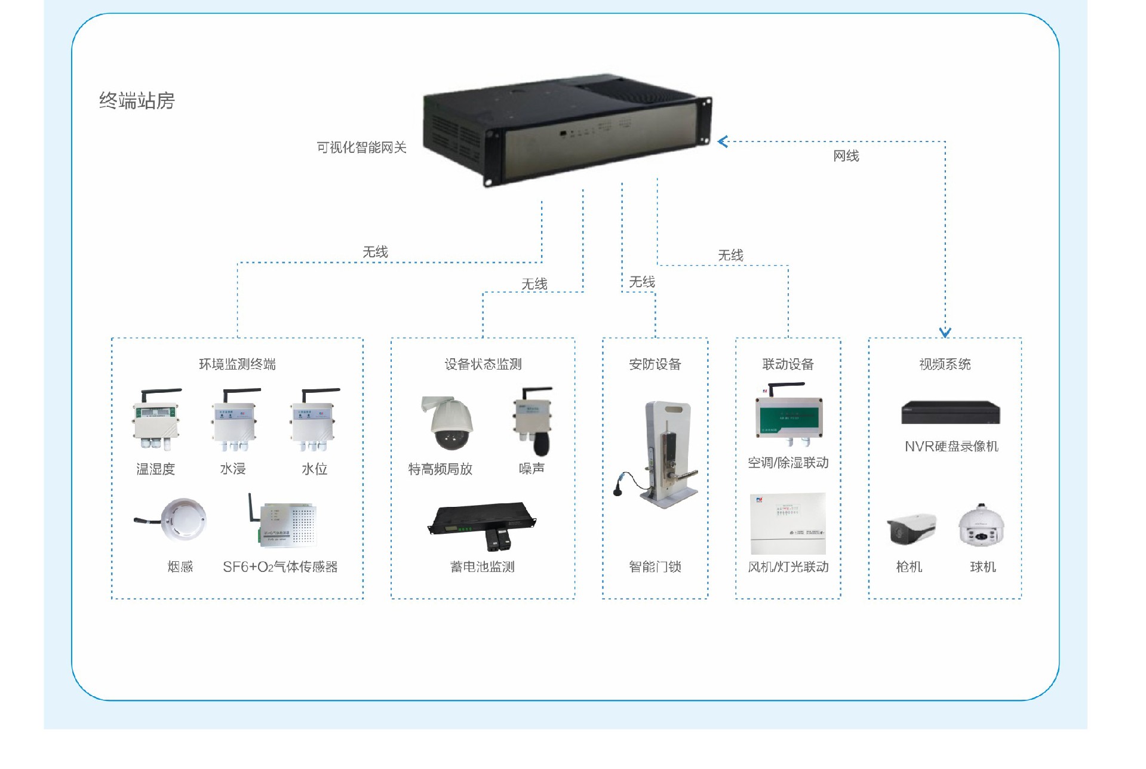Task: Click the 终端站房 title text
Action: pos(137,100)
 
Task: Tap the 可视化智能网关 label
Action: pos(361,147)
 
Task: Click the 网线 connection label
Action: pos(846,156)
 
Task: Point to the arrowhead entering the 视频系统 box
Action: pos(945,332)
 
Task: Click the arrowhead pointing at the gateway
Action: pos(723,142)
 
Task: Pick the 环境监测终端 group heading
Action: pos(237,364)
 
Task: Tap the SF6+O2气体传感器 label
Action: pos(280,567)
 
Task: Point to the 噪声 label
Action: pos(531,469)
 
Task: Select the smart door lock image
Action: pos(663,454)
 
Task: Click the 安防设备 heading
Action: pos(655,364)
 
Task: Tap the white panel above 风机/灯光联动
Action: pos(788,524)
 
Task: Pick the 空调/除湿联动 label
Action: pos(788,463)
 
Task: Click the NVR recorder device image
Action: pos(950,413)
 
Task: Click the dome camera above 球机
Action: pos(982,526)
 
